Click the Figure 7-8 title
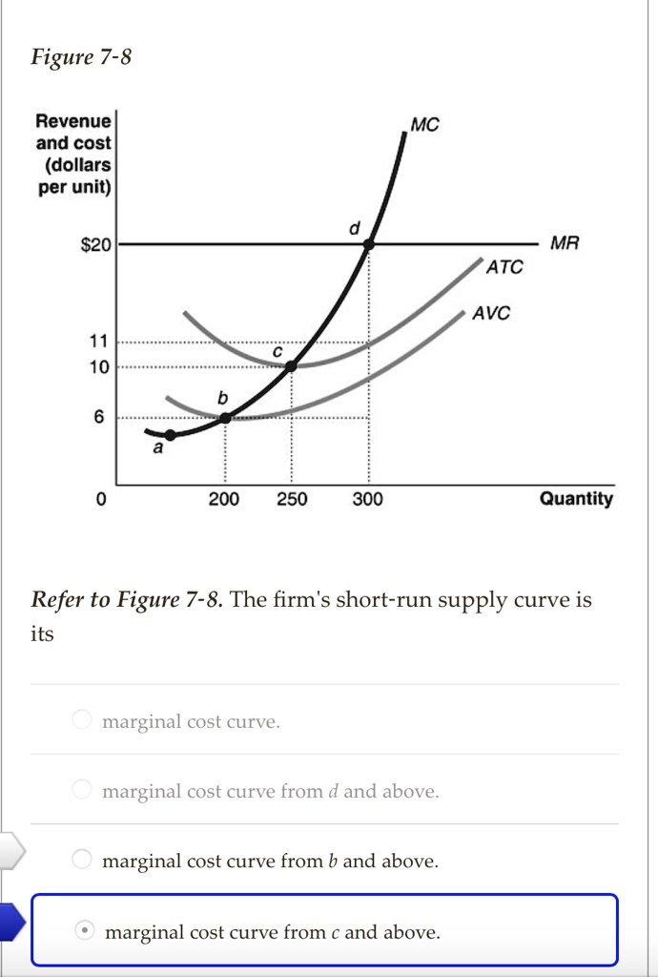81,58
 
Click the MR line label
565,243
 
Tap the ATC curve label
504,268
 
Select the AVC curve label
492,313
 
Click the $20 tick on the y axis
95,245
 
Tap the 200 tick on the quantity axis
224,499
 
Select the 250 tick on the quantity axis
292,499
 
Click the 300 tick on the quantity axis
368,499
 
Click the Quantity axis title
576,499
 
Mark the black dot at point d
369,244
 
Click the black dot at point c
292,364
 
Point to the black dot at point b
225,417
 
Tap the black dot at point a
169,435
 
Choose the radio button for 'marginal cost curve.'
83,720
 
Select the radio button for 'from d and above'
83,790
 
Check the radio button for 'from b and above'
83,861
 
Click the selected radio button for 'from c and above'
85,930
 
